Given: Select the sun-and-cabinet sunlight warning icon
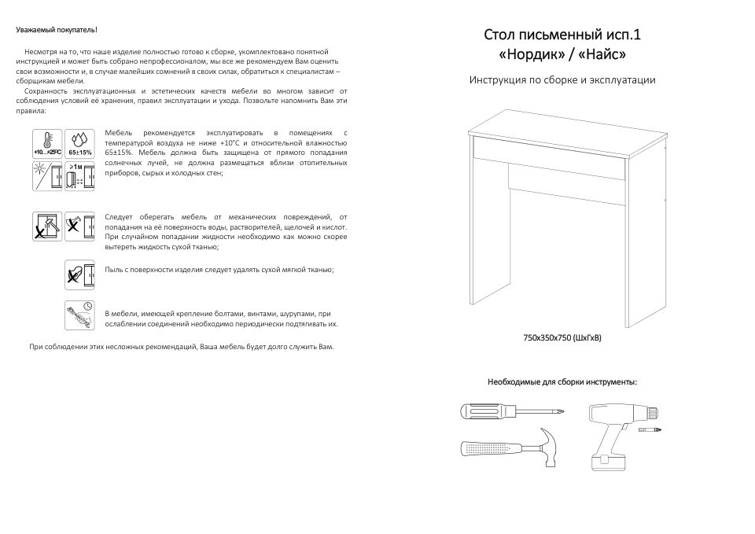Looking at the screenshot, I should tap(48, 177).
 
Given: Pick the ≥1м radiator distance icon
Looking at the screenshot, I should tap(79, 177).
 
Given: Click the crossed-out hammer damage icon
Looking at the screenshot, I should tap(48, 226).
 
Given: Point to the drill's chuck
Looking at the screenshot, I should tap(653, 411).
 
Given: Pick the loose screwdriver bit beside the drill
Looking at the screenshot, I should tap(654, 431).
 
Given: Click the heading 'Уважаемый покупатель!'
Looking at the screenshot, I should tap(57, 30).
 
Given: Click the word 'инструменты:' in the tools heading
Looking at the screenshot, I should tap(610, 381).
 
